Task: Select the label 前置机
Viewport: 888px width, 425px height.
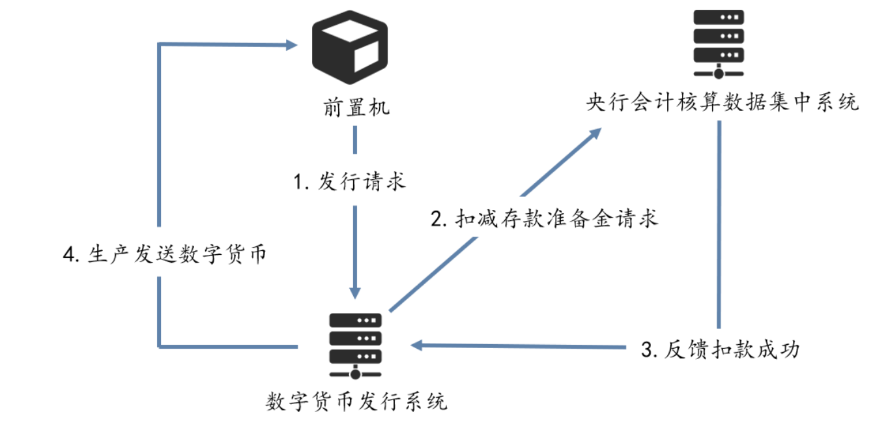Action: click(356, 108)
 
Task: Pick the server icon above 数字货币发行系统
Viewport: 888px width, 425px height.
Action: click(355, 346)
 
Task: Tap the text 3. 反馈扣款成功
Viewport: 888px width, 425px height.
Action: click(720, 350)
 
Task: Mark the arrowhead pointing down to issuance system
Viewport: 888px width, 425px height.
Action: click(355, 291)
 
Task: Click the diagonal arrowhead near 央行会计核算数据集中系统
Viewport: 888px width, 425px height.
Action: click(594, 134)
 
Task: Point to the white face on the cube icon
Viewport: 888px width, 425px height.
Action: click(364, 61)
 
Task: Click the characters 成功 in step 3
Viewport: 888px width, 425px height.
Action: click(777, 350)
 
